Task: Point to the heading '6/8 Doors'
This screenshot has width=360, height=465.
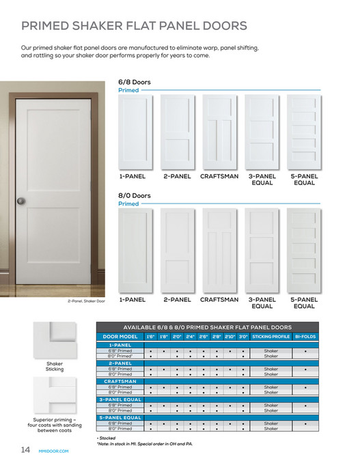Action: point(135,82)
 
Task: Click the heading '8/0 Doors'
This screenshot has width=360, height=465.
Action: point(135,196)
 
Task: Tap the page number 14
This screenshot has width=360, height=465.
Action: point(25,449)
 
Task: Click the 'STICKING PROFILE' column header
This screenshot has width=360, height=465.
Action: point(271,337)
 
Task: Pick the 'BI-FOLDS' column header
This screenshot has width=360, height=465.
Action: point(305,337)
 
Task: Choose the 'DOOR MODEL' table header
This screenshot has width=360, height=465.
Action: point(120,337)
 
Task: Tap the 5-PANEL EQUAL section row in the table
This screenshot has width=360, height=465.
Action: point(120,417)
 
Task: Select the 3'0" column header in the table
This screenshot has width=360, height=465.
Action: point(243,337)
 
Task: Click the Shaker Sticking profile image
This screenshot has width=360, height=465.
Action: point(55,339)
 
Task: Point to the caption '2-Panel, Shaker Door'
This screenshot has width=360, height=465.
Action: point(86,300)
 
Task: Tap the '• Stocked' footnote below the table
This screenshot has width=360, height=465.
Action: point(107,437)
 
